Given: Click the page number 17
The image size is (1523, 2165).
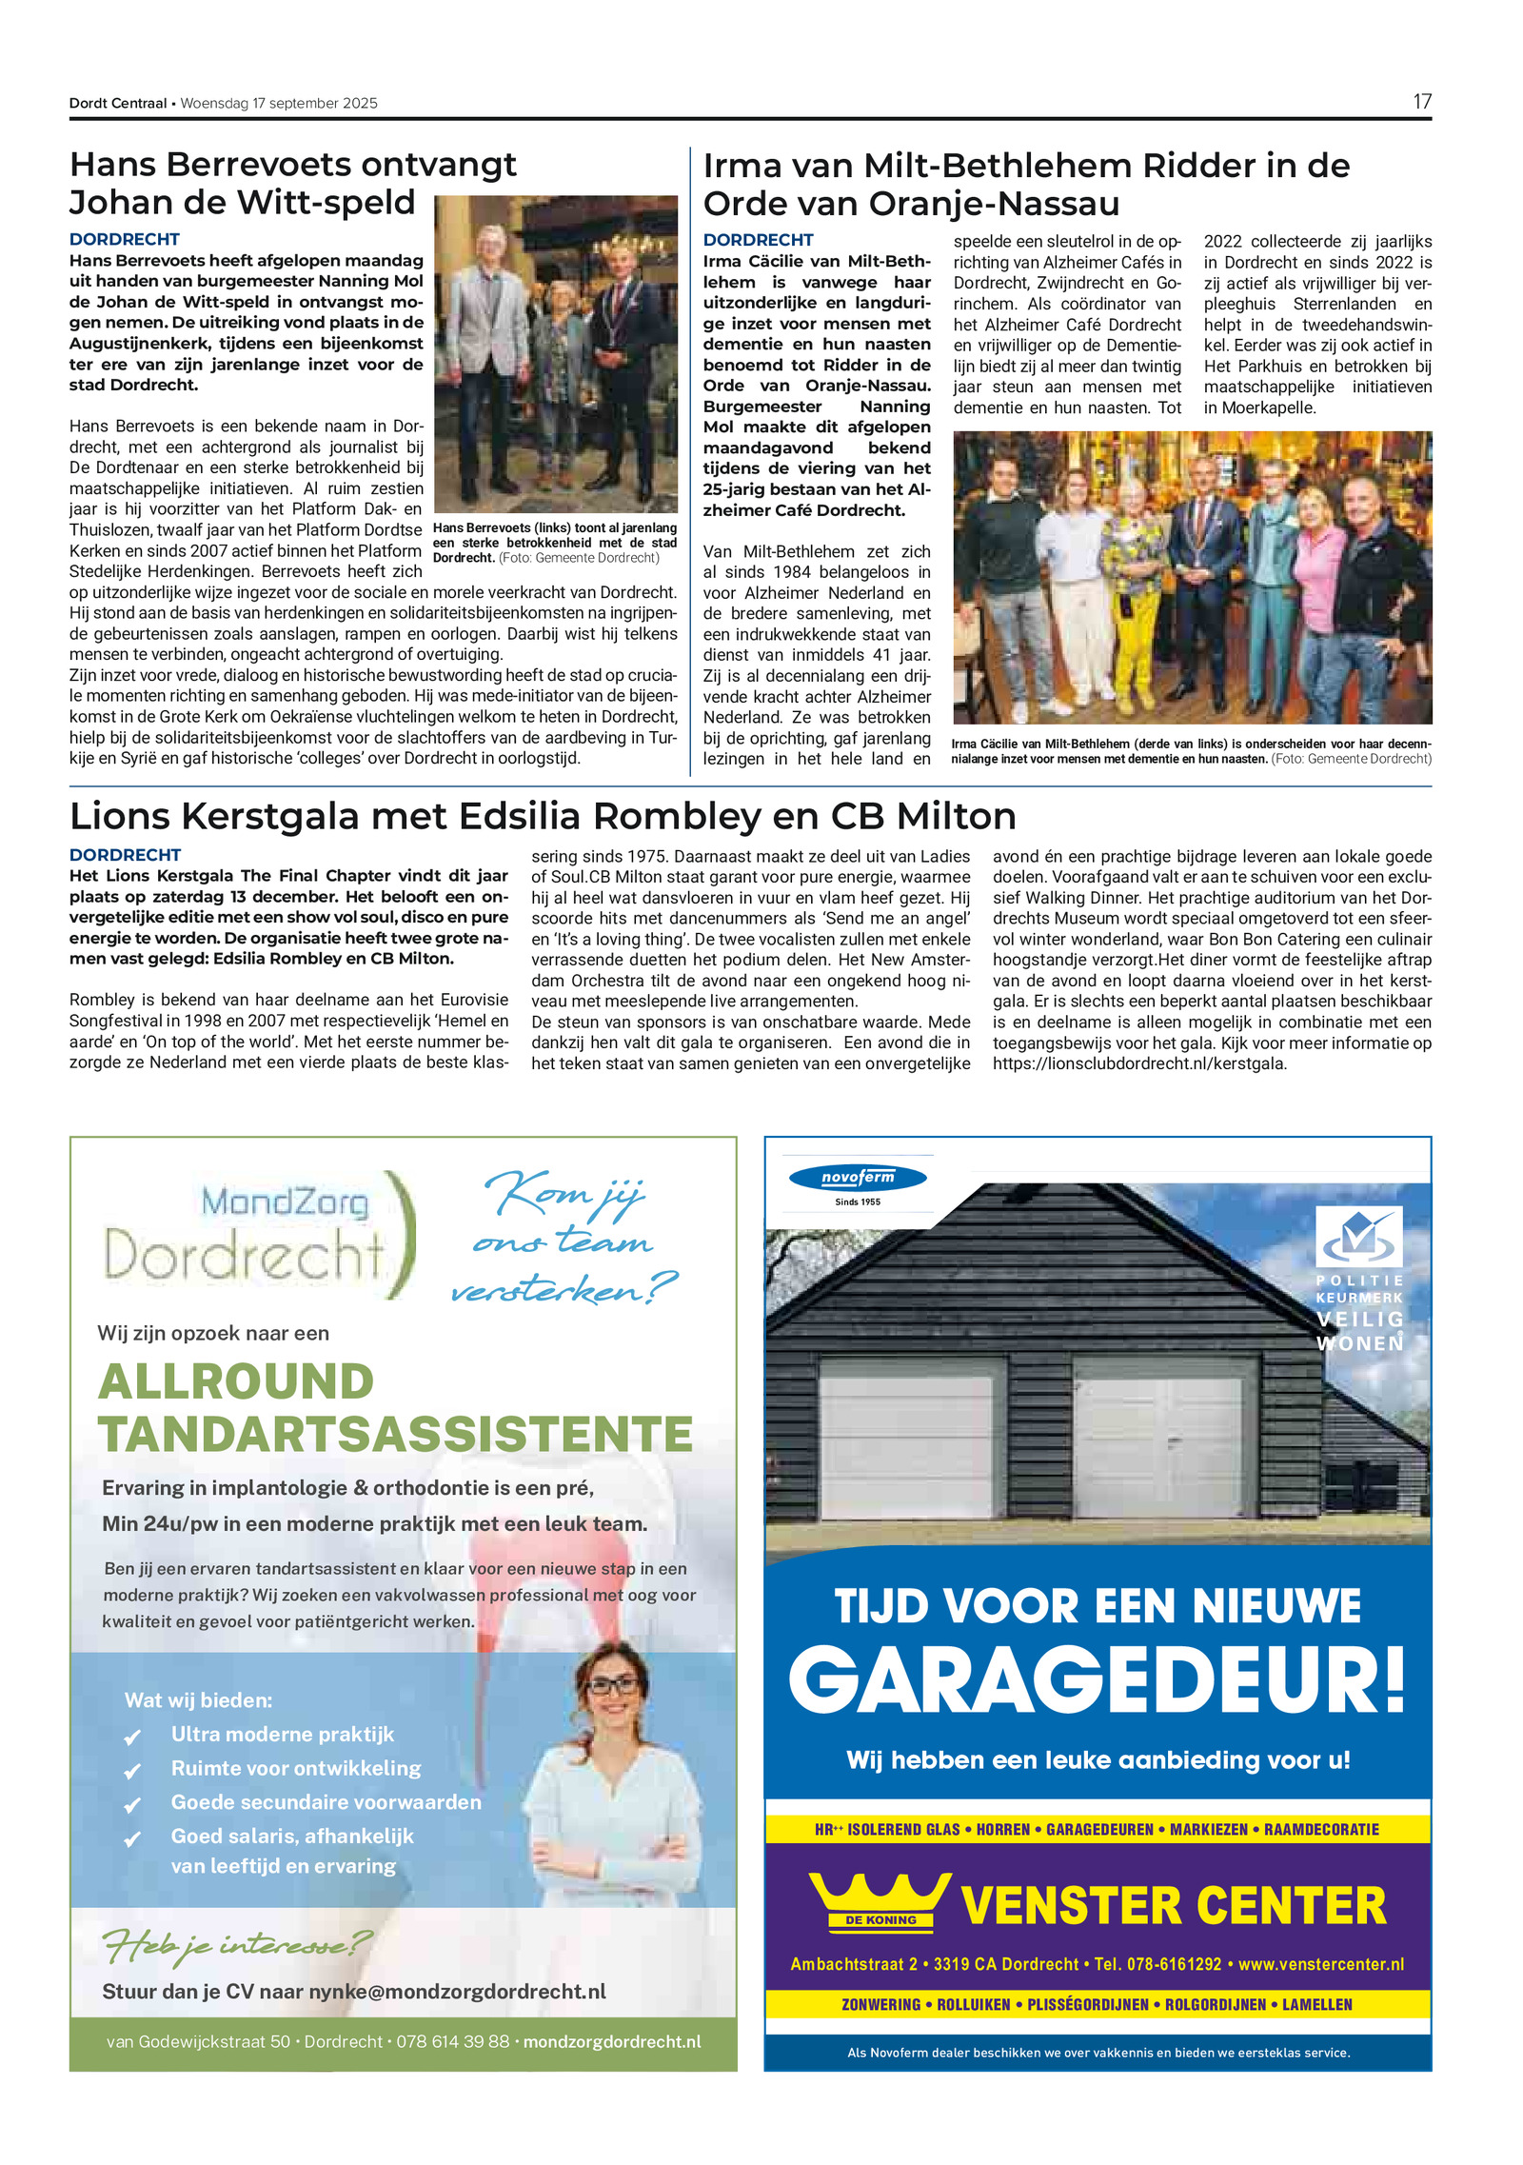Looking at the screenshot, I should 1421,102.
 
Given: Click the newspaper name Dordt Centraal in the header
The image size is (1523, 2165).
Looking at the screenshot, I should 118,104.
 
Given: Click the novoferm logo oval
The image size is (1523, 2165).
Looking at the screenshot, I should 857,1178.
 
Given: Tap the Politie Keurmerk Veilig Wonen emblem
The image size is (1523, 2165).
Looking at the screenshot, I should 1358,1277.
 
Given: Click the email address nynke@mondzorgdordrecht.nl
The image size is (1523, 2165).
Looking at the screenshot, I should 457,1992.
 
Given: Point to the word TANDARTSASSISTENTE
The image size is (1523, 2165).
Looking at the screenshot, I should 395,1434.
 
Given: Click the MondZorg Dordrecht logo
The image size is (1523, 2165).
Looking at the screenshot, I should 257,1236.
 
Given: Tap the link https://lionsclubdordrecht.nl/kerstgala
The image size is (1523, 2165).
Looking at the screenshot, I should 1139,1063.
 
